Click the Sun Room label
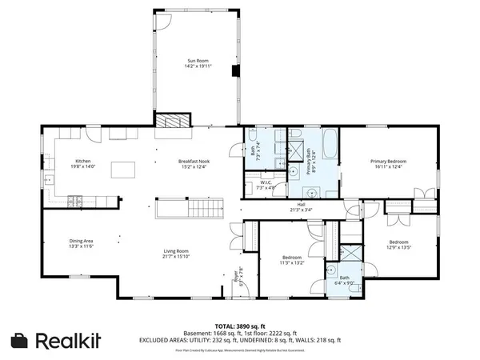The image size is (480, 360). click(197, 63)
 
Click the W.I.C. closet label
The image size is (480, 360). click(266, 185)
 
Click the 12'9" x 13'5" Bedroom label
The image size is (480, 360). click(398, 245)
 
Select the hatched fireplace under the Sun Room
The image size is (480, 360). click(174, 121)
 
